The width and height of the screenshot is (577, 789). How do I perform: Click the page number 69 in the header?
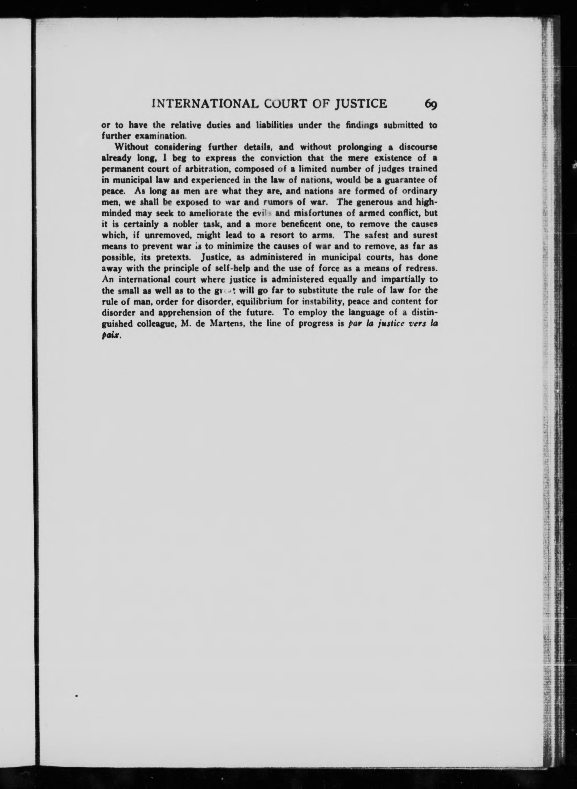point(431,104)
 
